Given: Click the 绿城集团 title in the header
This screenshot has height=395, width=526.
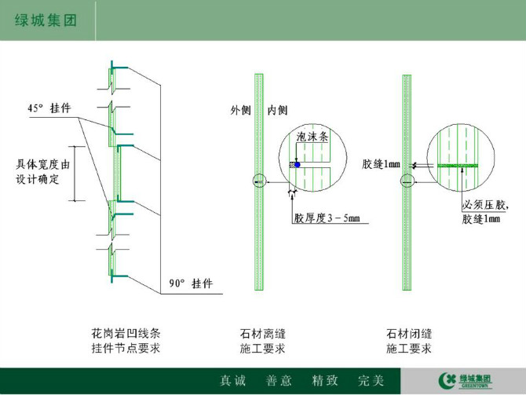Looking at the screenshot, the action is click(46, 20).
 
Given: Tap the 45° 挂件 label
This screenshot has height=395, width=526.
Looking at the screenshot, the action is click(49, 108).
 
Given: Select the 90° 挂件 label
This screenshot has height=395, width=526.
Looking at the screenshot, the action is click(191, 283).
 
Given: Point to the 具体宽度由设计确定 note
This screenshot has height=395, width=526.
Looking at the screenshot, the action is click(42, 171).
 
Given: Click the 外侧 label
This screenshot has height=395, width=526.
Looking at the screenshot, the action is click(240, 110).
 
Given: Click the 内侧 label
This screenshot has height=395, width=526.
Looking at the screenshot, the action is click(277, 110).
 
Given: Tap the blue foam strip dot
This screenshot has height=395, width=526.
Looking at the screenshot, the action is click(298, 164).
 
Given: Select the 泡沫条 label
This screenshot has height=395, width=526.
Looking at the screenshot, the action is click(312, 137).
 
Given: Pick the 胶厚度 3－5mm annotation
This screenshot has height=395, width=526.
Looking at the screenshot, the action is click(327, 218).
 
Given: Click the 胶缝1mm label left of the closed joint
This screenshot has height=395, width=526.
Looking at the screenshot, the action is click(381, 164).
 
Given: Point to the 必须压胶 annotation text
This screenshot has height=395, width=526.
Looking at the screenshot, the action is click(485, 205).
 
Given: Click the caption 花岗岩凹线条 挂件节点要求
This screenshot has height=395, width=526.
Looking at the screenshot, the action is click(126, 341).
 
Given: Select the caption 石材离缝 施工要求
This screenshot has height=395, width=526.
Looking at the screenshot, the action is click(262, 341).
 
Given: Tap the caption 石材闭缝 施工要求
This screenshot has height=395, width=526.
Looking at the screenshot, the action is click(409, 341).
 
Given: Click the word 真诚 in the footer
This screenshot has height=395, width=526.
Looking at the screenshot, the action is click(233, 381).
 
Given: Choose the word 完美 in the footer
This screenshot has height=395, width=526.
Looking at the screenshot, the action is click(371, 381).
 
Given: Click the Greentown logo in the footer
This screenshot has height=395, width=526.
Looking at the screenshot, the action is click(465, 381).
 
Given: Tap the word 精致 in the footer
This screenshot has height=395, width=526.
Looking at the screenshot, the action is click(325, 381).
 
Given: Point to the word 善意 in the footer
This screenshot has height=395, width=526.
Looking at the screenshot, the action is click(279, 381).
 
